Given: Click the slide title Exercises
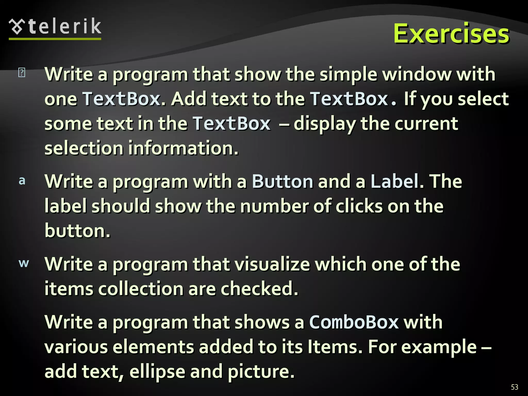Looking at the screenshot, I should click(x=451, y=34).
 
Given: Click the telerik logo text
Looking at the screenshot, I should click(x=65, y=26).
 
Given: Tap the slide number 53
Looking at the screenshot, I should click(x=514, y=387).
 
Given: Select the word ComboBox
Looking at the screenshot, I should click(x=354, y=322).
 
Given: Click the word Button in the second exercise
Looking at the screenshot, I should click(x=282, y=181).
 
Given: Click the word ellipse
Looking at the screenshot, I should click(x=157, y=371).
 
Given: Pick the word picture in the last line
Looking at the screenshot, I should click(x=261, y=371).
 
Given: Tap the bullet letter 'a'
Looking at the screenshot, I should click(x=22, y=181).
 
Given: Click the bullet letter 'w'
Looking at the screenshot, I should click(x=24, y=263).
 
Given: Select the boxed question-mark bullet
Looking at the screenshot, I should click(x=22, y=72).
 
